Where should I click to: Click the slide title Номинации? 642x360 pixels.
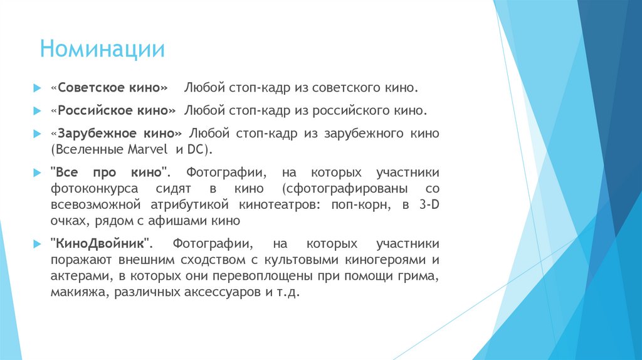102,49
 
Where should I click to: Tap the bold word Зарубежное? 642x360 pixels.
101,134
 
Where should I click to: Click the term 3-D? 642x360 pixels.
428,205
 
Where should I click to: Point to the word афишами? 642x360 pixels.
179,221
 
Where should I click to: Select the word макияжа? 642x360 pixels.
78,292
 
